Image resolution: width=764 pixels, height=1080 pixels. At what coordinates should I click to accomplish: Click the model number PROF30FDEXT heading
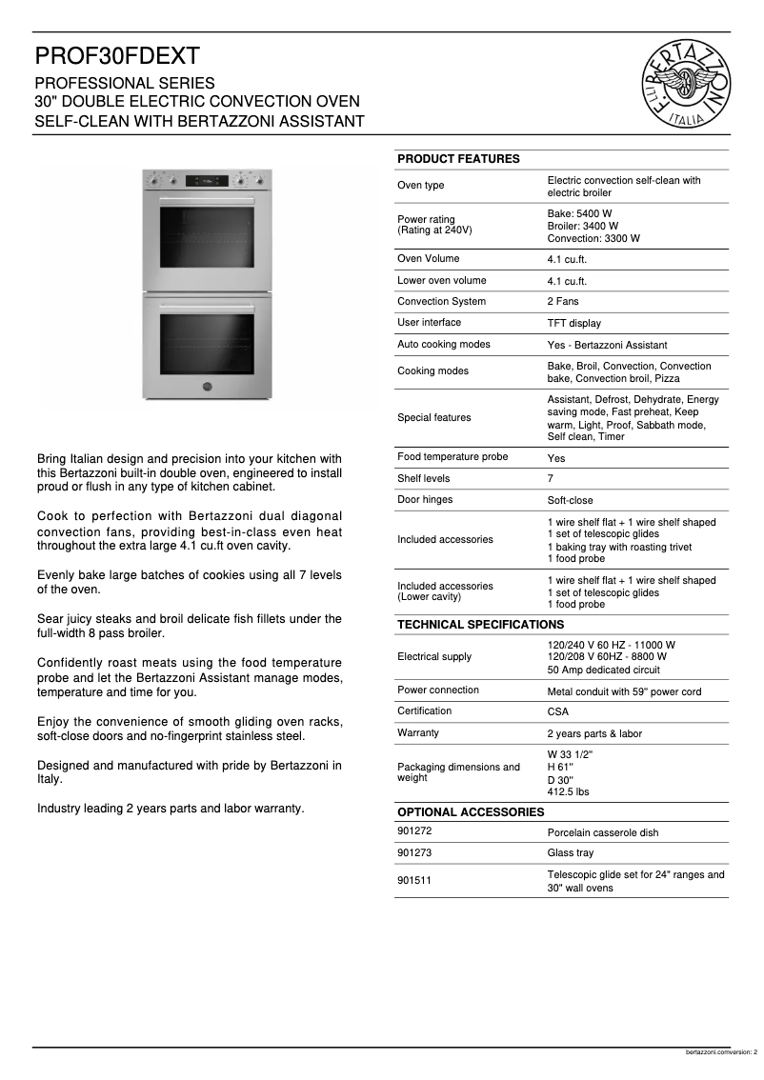(117, 57)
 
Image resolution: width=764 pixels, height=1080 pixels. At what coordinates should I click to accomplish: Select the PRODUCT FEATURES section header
(458, 159)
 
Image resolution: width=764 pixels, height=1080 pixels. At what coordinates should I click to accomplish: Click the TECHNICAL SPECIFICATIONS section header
(480, 625)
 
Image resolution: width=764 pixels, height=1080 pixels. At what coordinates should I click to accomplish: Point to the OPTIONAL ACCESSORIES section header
(471, 812)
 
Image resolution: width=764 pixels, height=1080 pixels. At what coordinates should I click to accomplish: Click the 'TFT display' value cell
(573, 324)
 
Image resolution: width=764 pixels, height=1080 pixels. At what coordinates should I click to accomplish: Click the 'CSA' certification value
(557, 712)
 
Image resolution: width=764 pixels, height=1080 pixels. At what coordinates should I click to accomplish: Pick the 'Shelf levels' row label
(423, 479)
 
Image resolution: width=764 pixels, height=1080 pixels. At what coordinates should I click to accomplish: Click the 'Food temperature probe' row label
(452, 457)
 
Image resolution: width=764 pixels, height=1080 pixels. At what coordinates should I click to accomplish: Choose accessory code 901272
(414, 832)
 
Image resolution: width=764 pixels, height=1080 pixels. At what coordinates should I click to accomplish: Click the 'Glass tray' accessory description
(570, 854)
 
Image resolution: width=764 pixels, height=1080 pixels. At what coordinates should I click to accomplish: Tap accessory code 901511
(414, 881)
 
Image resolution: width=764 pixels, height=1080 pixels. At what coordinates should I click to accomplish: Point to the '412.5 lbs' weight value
(568, 791)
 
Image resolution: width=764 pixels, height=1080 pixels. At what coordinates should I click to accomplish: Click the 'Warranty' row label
(418, 733)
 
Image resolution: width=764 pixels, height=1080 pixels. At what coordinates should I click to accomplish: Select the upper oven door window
(207, 237)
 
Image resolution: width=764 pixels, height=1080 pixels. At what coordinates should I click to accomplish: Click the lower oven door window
(207, 343)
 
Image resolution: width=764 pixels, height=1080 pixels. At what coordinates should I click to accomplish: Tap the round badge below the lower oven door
(207, 386)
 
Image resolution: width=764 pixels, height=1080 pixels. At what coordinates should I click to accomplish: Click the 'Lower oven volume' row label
(441, 281)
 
